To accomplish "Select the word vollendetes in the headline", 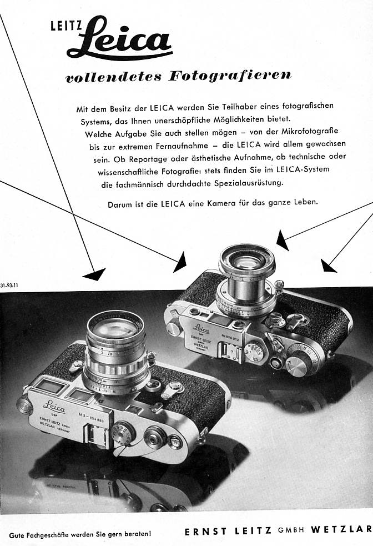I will (108, 77).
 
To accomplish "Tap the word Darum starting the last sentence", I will (119, 204).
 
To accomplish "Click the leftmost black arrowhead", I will (94, 273).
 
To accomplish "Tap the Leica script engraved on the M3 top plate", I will (54, 405).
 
